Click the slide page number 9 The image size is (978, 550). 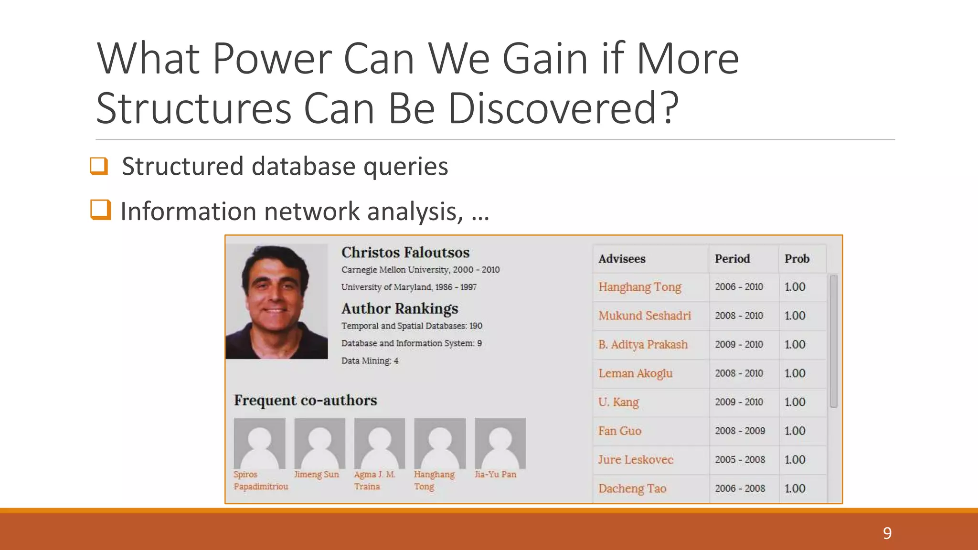887,533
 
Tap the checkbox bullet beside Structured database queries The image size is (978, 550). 99,166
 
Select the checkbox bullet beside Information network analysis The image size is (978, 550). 100,210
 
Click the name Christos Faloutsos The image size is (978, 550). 405,252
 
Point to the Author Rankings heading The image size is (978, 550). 400,308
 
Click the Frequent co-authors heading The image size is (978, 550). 305,400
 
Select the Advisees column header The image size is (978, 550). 622,259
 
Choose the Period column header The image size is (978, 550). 732,259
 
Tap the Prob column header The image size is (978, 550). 797,259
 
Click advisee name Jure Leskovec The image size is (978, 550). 635,460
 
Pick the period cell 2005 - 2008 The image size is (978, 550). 740,460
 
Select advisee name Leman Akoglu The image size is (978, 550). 635,373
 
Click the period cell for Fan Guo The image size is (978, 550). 740,431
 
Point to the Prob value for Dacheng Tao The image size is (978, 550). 795,488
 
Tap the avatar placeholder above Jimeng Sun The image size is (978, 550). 319,444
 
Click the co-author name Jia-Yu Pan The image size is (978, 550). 495,475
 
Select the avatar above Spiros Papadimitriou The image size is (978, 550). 259,444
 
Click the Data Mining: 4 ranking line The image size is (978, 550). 370,361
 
